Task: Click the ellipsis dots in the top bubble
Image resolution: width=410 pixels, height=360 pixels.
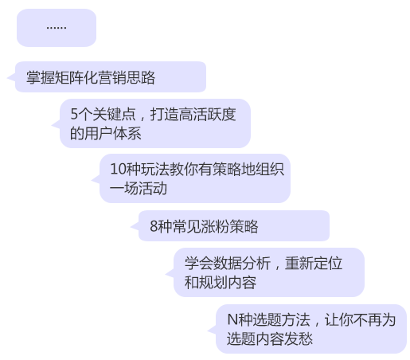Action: click(57, 28)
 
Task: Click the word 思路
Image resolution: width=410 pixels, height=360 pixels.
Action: click(141, 77)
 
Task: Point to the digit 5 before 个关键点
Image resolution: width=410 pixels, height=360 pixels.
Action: click(74, 114)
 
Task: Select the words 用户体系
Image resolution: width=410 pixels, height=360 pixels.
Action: click(112, 133)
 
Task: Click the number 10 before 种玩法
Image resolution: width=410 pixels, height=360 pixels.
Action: click(117, 169)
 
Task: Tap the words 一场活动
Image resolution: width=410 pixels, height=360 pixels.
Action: click(139, 188)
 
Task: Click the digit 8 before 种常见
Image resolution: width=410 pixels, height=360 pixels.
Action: click(154, 226)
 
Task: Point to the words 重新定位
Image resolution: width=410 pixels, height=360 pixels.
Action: click(314, 263)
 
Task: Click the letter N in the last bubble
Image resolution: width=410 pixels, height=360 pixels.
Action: click(232, 319)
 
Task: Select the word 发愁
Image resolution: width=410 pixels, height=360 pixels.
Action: click(299, 338)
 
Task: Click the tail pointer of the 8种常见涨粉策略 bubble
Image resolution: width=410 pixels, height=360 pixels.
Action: click(135, 226)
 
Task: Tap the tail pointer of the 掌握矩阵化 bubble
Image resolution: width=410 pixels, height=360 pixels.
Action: click(11, 77)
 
